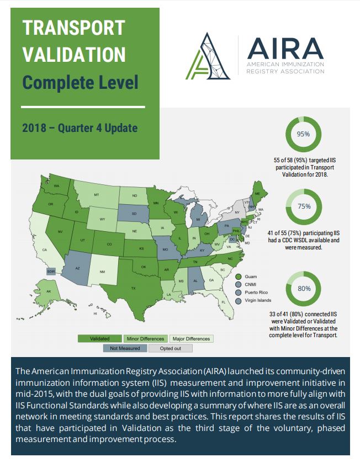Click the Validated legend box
(x=99, y=338)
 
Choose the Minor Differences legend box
(x=145, y=338)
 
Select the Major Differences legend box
(x=191, y=338)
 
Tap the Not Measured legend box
(x=124, y=348)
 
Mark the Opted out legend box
(x=171, y=348)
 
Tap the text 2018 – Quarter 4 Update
(x=80, y=128)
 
